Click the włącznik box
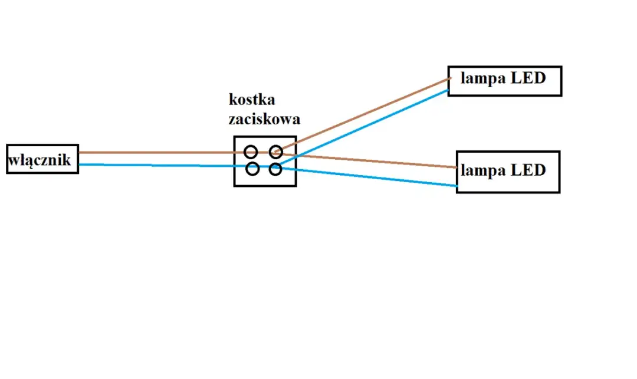coord(42,159)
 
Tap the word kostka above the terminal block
coord(252,99)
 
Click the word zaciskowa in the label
coord(264,119)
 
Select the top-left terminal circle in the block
coord(251,151)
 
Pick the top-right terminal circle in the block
coord(276,152)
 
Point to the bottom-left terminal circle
coord(252,169)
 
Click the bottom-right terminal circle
coord(275,169)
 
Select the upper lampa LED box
coord(504,81)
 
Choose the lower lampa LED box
coord(508,172)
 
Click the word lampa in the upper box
coord(480,78)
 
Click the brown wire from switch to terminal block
coord(153,152)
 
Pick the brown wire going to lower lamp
coord(377,161)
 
